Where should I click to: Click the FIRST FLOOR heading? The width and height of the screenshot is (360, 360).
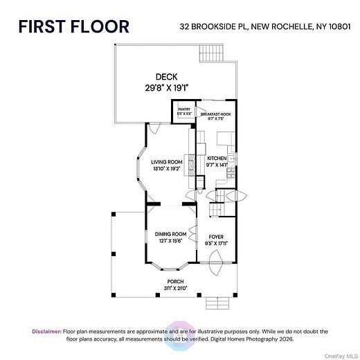pyautogui.click(x=73, y=27)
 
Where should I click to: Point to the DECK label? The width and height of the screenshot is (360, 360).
pyautogui.click(x=166, y=77)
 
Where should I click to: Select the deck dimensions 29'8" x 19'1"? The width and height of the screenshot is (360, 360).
pyautogui.click(x=166, y=87)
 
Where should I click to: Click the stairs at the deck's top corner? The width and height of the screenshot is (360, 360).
pyautogui.click(x=213, y=53)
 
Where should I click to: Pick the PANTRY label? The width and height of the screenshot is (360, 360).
pyautogui.click(x=183, y=109)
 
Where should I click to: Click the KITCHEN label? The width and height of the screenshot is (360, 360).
pyautogui.click(x=217, y=158)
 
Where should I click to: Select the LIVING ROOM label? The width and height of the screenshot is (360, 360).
pyautogui.click(x=167, y=162)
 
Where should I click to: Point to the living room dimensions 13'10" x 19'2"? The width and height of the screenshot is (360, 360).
pyautogui.click(x=167, y=169)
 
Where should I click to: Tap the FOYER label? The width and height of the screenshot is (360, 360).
pyautogui.click(x=216, y=237)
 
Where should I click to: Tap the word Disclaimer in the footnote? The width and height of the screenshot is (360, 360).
pyautogui.click(x=46, y=332)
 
